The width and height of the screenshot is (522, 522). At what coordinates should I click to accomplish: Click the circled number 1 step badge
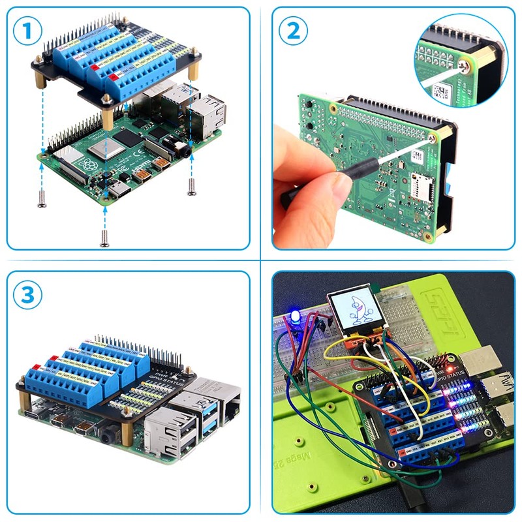coord(27,31)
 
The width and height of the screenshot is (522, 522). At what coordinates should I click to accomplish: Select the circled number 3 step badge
coord(27,295)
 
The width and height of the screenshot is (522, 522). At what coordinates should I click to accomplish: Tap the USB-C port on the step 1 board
coord(120,190)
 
